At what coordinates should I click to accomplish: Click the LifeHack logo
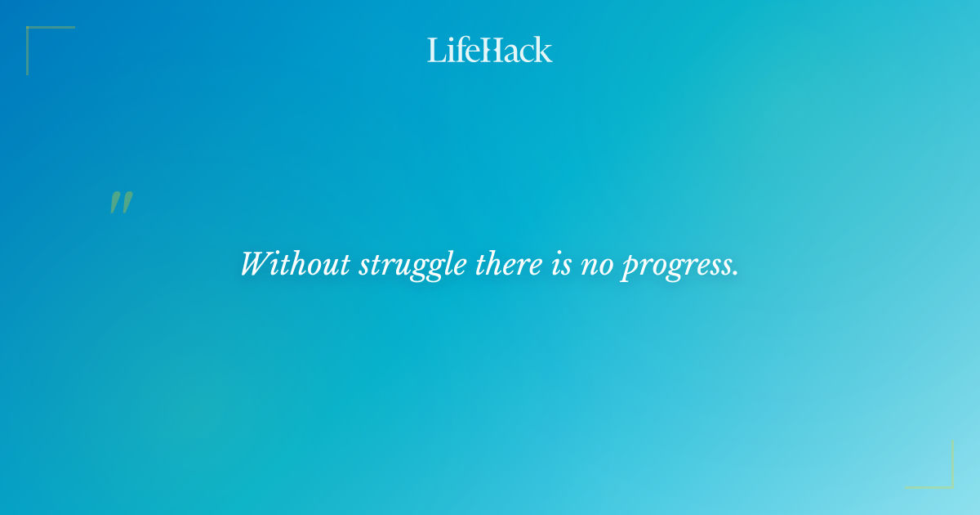pyautogui.click(x=490, y=50)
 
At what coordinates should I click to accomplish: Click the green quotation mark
pyautogui.click(x=121, y=203)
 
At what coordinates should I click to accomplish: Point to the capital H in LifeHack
pyautogui.click(x=489, y=50)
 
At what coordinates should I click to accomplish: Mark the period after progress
pyautogui.click(x=735, y=273)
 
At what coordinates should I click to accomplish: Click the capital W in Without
pyautogui.click(x=256, y=264)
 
